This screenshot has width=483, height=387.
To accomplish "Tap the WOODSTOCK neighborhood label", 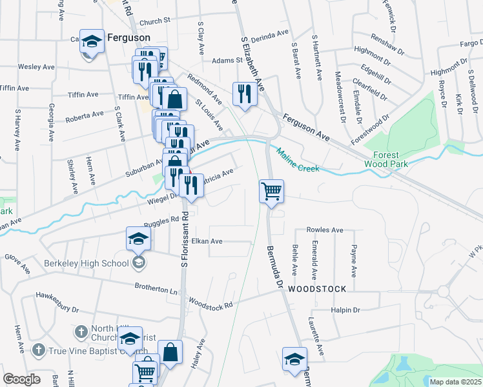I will [317, 289].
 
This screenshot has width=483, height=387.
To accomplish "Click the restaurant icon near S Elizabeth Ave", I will [244, 94].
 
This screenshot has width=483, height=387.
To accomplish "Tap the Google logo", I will [21, 379].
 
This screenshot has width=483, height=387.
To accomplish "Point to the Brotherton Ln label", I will [156, 288].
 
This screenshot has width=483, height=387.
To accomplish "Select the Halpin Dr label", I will [344, 310].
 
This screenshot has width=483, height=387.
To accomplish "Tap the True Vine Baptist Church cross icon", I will [38, 350].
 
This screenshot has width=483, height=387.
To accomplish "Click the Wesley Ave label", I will [36, 66].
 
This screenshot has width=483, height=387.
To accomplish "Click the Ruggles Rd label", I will [161, 220].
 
